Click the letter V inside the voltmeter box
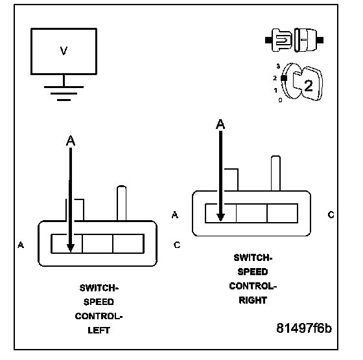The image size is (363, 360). click(64, 51)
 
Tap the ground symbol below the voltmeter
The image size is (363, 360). click(64, 93)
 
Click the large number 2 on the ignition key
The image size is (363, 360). click(309, 85)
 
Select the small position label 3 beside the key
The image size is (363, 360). click(278, 66)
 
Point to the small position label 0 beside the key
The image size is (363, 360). click(280, 100)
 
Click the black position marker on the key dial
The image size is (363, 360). click(284, 78)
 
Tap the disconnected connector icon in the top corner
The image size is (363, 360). click(294, 40)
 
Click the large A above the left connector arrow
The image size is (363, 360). click(71, 141)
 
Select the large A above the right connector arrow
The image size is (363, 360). click(220, 124)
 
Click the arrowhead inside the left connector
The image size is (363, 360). click(71, 248)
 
